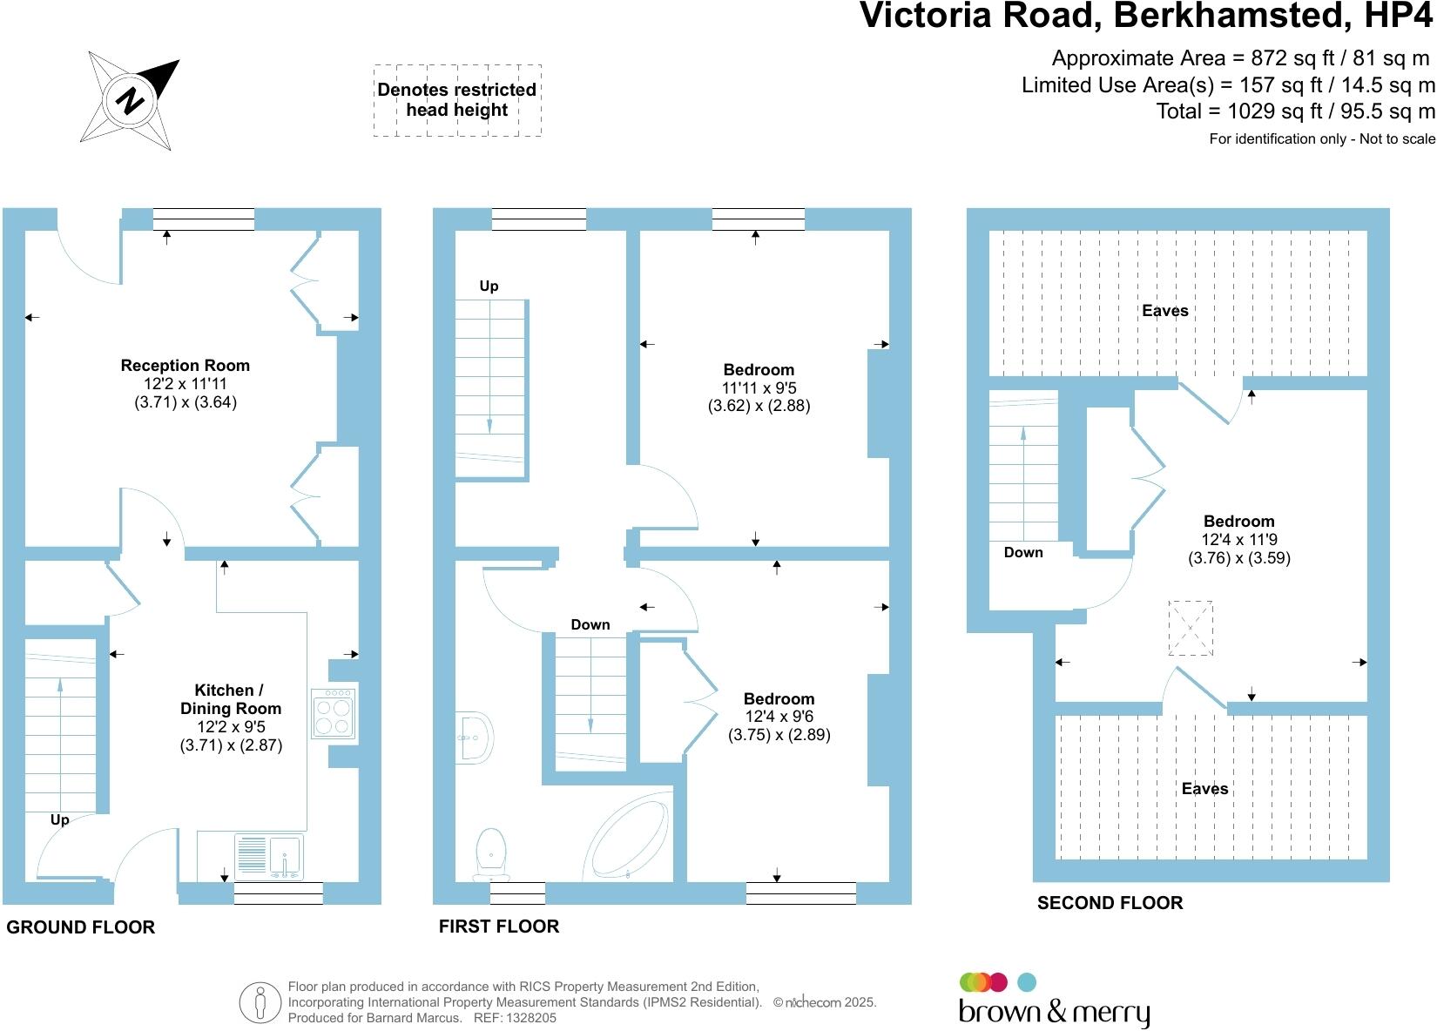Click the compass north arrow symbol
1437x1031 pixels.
130,101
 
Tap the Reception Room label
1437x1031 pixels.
186,365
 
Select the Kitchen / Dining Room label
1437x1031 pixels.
230,699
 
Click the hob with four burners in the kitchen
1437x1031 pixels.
334,715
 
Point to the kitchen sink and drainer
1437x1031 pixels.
269,857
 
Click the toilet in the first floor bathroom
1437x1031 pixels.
491,854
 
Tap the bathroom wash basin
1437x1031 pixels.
475,738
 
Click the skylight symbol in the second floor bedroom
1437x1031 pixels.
1191,628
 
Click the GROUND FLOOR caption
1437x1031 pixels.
81,927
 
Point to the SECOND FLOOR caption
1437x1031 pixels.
1110,903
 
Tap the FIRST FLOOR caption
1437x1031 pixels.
499,926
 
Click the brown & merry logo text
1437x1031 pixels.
1054,1012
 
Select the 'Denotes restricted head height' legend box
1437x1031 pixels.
457,100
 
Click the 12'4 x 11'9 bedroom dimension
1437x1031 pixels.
1239,540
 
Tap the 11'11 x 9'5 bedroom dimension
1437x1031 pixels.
759,387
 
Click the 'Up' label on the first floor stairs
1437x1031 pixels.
489,286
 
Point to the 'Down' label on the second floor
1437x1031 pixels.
1023,552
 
